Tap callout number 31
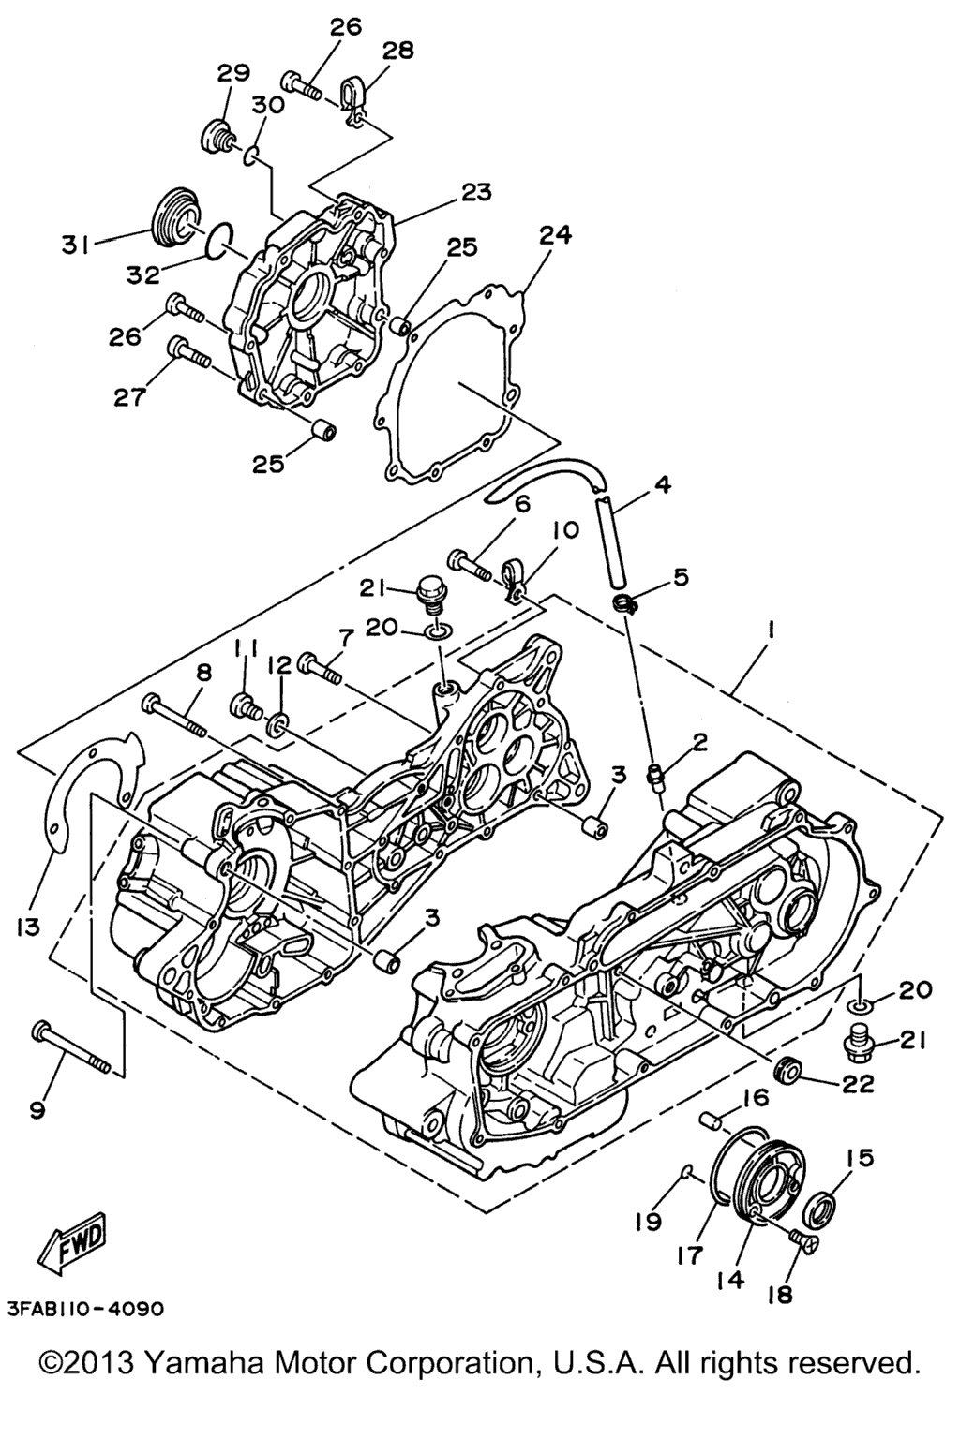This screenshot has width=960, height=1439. (x=75, y=245)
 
